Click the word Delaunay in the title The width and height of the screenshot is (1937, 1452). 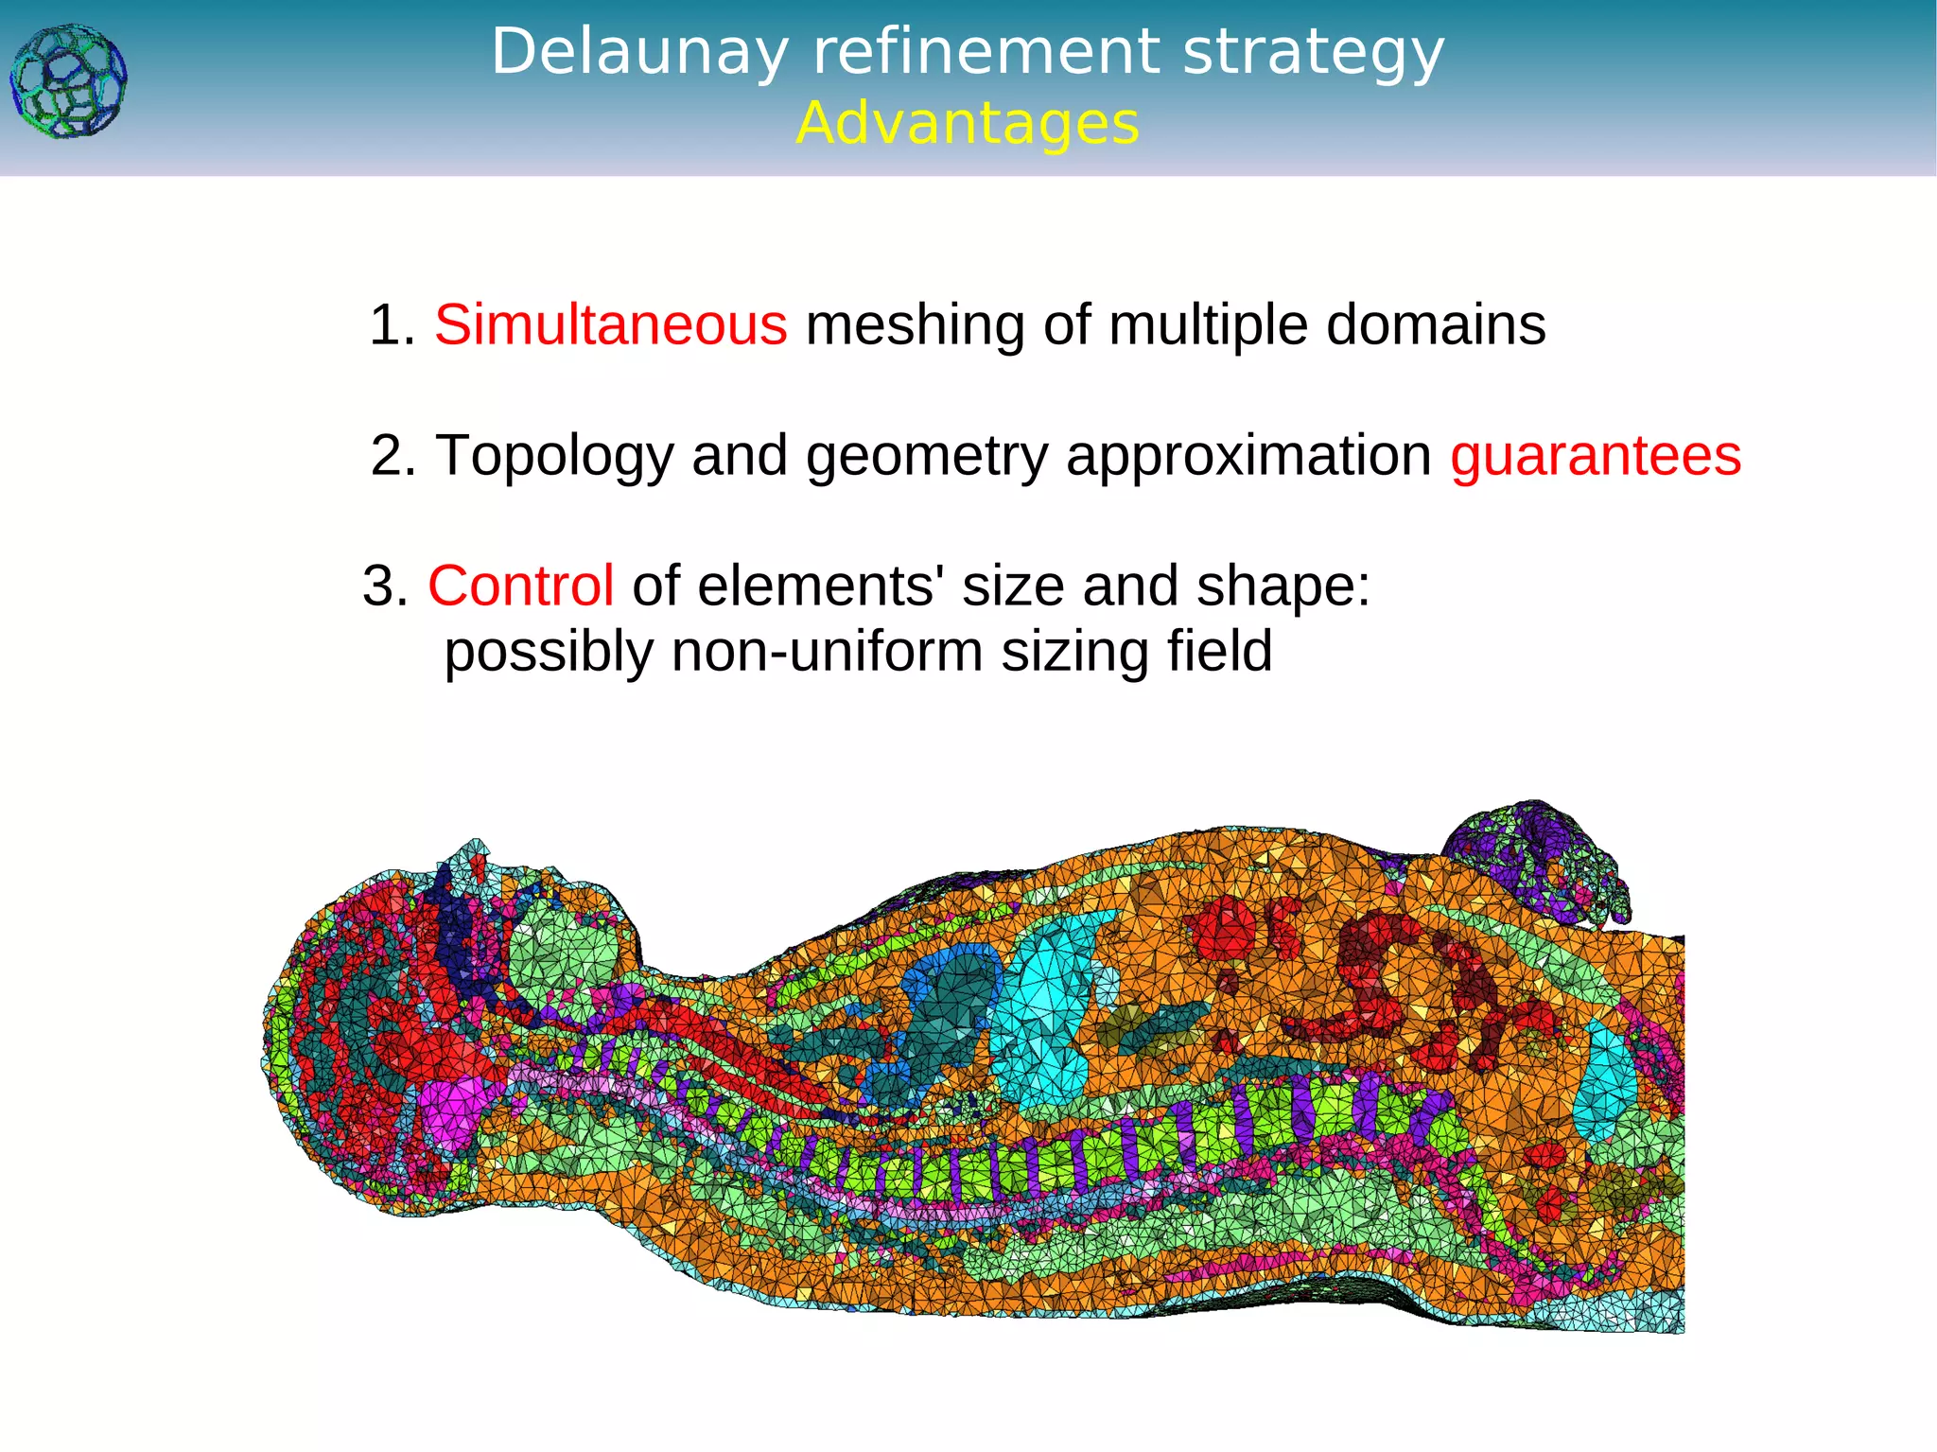pyautogui.click(x=639, y=52)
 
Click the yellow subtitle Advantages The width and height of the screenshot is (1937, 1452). pyautogui.click(x=968, y=124)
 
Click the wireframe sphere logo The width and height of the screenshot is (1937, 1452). pyautogui.click(x=68, y=82)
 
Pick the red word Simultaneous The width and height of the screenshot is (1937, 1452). pyautogui.click(x=610, y=325)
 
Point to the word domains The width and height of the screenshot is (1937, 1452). pyautogui.click(x=1436, y=325)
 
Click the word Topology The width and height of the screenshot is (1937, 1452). pyautogui.click(x=554, y=457)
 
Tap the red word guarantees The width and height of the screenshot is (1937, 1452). pyautogui.click(x=1596, y=456)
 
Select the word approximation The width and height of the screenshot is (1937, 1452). pyautogui.click(x=1248, y=457)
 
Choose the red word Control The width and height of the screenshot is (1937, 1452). pyautogui.click(x=521, y=586)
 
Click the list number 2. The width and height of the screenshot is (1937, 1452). pyautogui.click(x=392, y=456)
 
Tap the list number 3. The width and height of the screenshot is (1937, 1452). pyautogui.click(x=384, y=586)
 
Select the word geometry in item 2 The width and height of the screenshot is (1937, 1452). pyautogui.click(x=927, y=457)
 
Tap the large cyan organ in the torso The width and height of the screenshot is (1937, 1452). pyautogui.click(x=1045, y=1003)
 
